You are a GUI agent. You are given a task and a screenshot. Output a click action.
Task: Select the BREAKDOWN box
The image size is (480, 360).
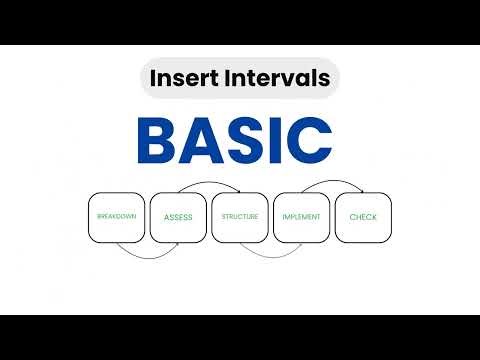coord(117,217)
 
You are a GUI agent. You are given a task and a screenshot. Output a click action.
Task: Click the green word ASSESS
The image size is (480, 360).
coord(178,217)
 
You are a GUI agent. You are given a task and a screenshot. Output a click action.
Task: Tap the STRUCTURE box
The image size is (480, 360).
coord(240,217)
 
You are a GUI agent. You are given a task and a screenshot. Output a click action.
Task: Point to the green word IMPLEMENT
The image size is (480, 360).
coord(301,217)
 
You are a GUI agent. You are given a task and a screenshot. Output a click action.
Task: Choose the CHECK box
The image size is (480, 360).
coord(363,217)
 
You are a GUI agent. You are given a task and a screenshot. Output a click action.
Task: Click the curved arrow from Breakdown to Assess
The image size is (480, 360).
coord(147,252)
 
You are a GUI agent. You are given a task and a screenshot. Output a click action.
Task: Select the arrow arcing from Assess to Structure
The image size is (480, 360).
coord(209,184)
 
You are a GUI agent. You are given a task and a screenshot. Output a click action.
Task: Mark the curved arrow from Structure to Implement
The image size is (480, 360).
coord(271,252)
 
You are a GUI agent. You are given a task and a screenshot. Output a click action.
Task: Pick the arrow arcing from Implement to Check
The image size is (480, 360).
coord(332,184)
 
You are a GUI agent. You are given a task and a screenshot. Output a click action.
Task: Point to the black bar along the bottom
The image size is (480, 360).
coord(240,337)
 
